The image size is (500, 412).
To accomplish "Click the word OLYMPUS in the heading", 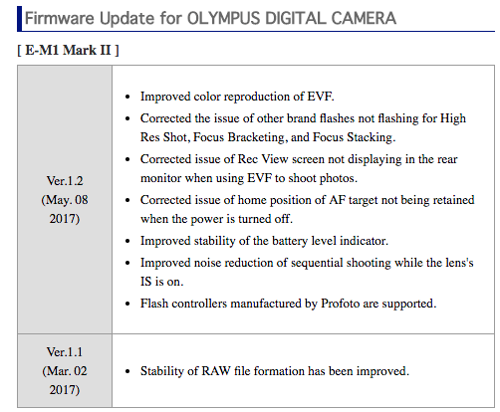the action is (x=224, y=18).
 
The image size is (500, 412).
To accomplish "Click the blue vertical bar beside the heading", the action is (x=19, y=19).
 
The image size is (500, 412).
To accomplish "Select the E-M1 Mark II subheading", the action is (x=68, y=50).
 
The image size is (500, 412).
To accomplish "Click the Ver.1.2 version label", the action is (x=65, y=181).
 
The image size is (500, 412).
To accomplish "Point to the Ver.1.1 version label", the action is (x=65, y=352).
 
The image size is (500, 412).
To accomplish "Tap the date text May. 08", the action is (x=65, y=200).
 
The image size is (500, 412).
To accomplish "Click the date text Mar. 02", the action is (x=65, y=371).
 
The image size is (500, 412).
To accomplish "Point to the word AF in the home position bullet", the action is (x=337, y=200).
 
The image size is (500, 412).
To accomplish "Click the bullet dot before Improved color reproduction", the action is (x=127, y=98).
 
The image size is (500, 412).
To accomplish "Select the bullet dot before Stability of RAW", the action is (x=127, y=371).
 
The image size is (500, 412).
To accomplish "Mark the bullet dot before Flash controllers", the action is (x=127, y=304).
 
